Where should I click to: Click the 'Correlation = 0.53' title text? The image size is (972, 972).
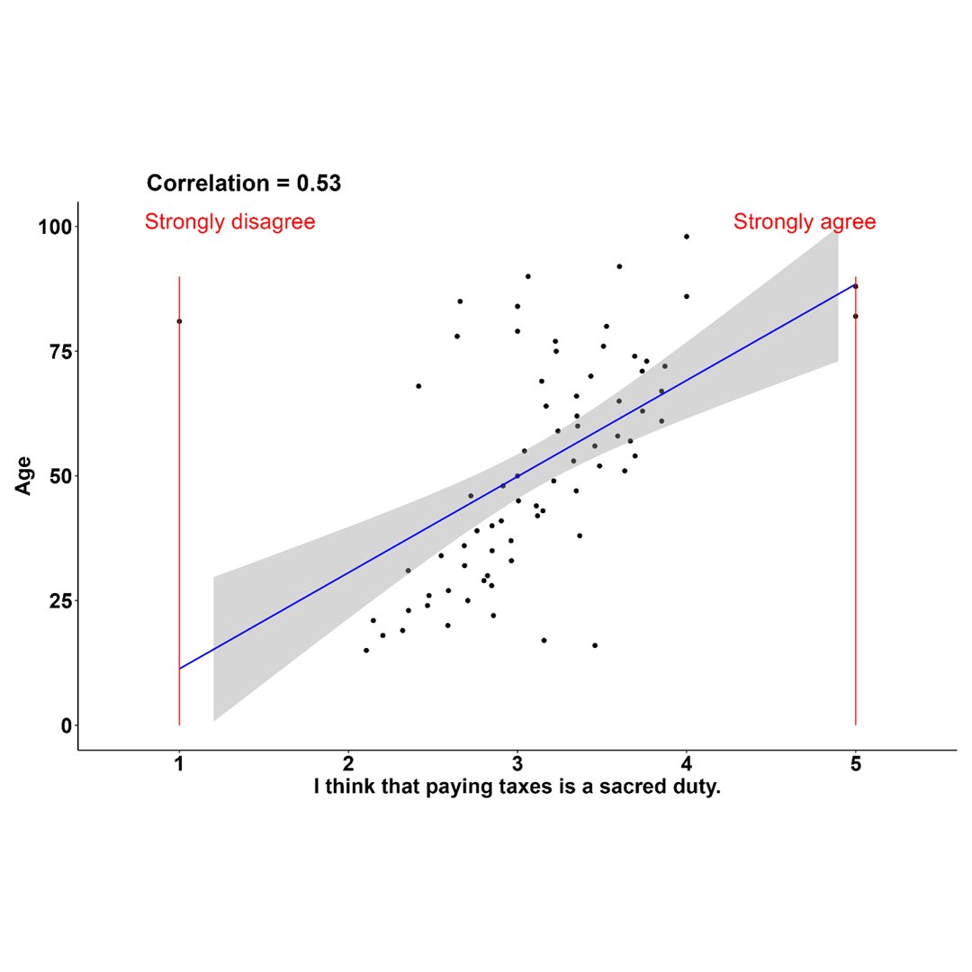tap(244, 184)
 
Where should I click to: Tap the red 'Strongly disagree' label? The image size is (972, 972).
tap(229, 221)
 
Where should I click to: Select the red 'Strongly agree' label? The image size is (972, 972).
tap(804, 221)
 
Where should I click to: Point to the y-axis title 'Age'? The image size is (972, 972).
tap(24, 475)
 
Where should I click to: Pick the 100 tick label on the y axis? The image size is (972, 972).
tap(53, 226)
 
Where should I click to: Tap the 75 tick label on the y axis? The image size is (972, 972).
tap(58, 351)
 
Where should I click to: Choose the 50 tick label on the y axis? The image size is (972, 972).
tap(58, 475)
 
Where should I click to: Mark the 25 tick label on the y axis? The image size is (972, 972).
tap(58, 600)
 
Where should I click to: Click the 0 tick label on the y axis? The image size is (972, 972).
tap(65, 725)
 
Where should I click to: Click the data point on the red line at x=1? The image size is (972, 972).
tap(179, 321)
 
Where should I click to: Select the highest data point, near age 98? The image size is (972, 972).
tap(687, 237)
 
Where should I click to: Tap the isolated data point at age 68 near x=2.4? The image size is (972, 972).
tap(418, 386)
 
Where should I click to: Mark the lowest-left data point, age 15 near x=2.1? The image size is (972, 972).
tap(366, 650)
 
